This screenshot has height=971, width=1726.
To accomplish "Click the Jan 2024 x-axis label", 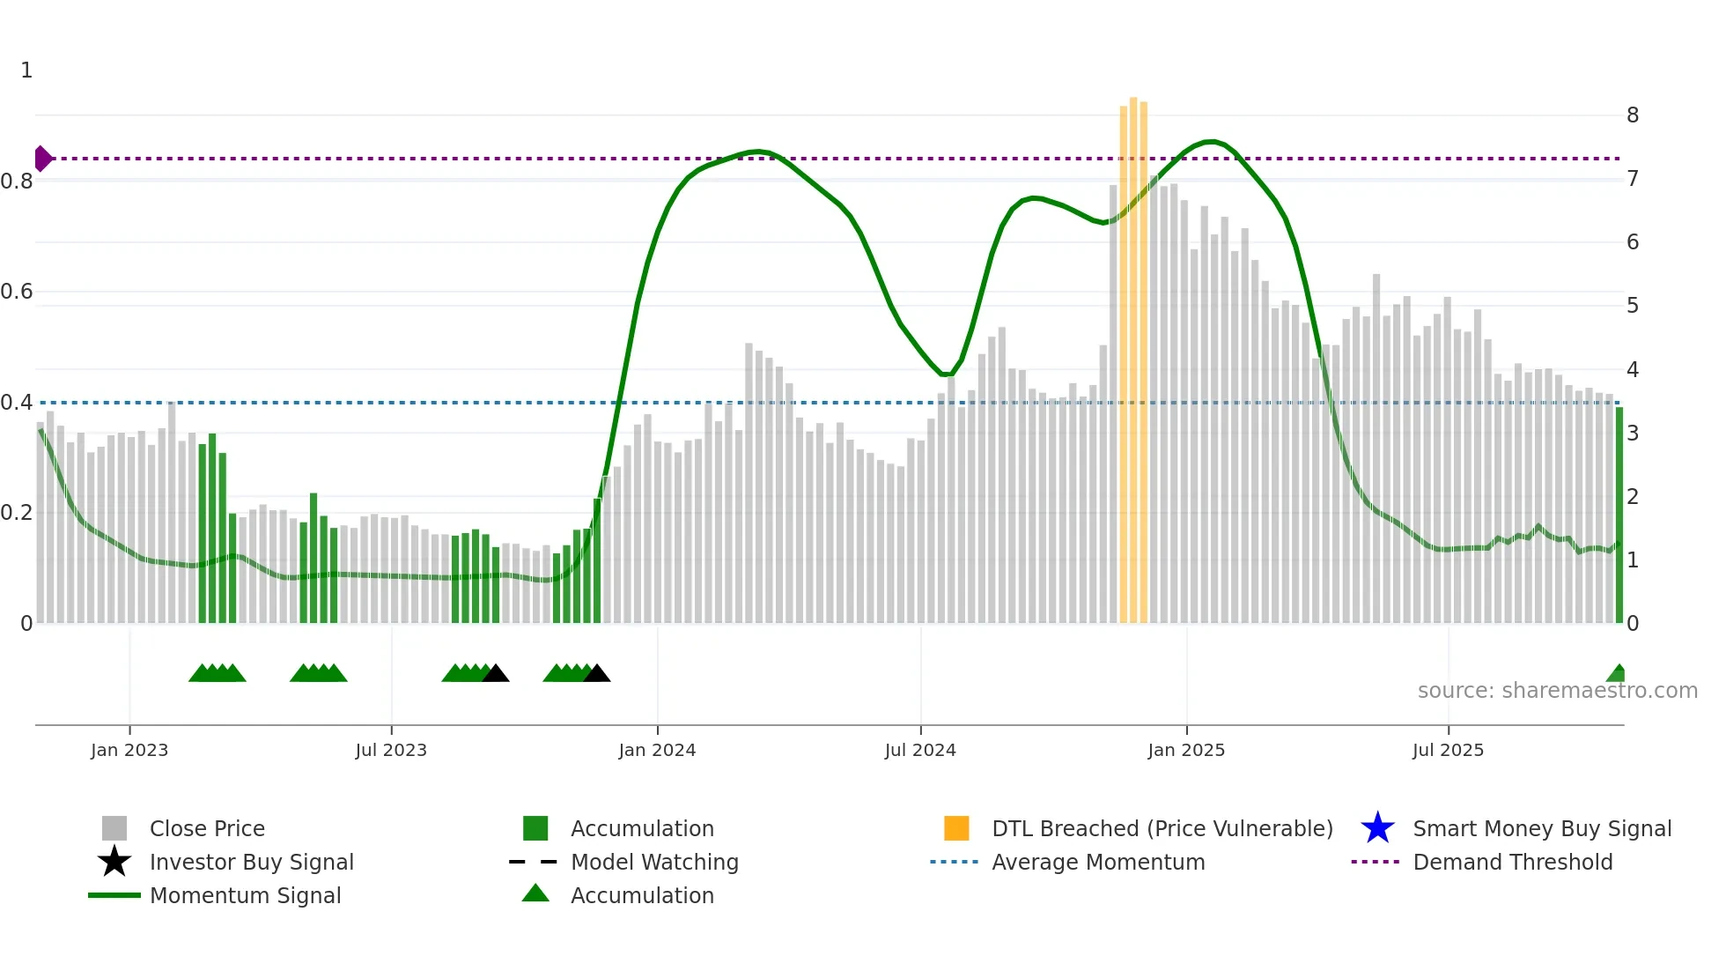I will click(657, 750).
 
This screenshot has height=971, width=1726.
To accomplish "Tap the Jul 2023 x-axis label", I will click(391, 750).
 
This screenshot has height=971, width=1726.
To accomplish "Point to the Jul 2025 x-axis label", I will click(1448, 750).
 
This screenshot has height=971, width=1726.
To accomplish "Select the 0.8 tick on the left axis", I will click(18, 182).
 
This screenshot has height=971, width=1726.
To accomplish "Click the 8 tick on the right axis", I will click(1633, 115).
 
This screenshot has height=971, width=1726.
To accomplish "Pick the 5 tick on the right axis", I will click(1633, 306).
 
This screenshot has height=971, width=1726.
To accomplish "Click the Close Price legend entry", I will click(207, 828).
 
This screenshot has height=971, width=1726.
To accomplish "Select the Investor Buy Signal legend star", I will click(114, 862).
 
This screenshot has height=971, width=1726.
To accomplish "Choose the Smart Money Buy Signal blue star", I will click(1377, 828).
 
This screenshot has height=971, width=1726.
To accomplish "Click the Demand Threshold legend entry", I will click(1512, 862).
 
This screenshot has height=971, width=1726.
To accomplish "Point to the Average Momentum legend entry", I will click(1097, 862).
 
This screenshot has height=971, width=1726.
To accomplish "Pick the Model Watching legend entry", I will click(654, 862).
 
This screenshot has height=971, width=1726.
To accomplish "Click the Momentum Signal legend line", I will click(114, 895).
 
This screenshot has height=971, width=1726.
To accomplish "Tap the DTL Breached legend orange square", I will click(956, 828).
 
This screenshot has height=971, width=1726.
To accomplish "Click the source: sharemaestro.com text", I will click(1557, 691).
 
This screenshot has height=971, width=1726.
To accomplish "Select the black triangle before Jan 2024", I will click(597, 674).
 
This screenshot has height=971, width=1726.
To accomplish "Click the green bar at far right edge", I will click(1619, 515).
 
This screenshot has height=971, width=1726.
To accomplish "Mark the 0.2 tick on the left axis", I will click(18, 513).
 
